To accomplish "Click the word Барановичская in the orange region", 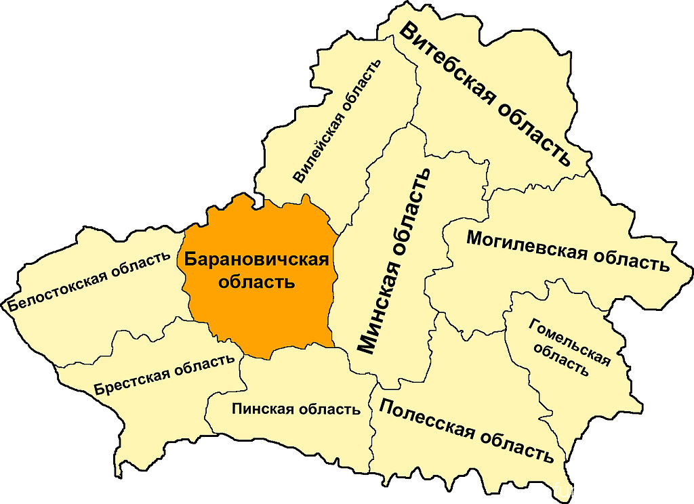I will (256, 259).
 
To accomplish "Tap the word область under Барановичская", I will (256, 282).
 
